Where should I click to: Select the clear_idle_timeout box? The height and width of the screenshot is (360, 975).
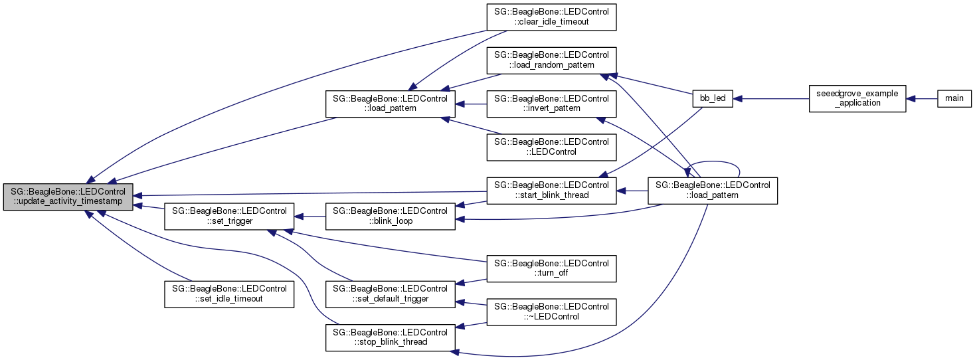click(551, 17)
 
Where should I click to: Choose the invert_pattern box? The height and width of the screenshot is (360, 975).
click(551, 103)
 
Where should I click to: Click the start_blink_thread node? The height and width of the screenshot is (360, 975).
click(551, 189)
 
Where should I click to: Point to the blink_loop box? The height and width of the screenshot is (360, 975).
click(390, 216)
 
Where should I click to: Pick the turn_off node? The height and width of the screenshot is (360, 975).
click(551, 268)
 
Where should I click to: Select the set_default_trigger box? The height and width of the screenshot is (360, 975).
click(390, 294)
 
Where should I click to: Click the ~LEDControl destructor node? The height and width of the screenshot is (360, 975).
click(551, 311)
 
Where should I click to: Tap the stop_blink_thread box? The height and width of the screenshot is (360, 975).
click(390, 337)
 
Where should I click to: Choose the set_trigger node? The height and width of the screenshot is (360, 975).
click(229, 216)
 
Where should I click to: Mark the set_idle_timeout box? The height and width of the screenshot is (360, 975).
click(229, 294)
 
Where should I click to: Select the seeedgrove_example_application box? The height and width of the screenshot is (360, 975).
click(857, 98)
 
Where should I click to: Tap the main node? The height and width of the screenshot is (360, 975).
click(954, 98)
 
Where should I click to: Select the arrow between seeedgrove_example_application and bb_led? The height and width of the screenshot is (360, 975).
click(770, 98)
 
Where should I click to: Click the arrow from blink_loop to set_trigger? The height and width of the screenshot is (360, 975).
click(310, 216)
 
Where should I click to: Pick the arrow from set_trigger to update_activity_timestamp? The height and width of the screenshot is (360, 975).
click(149, 207)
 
